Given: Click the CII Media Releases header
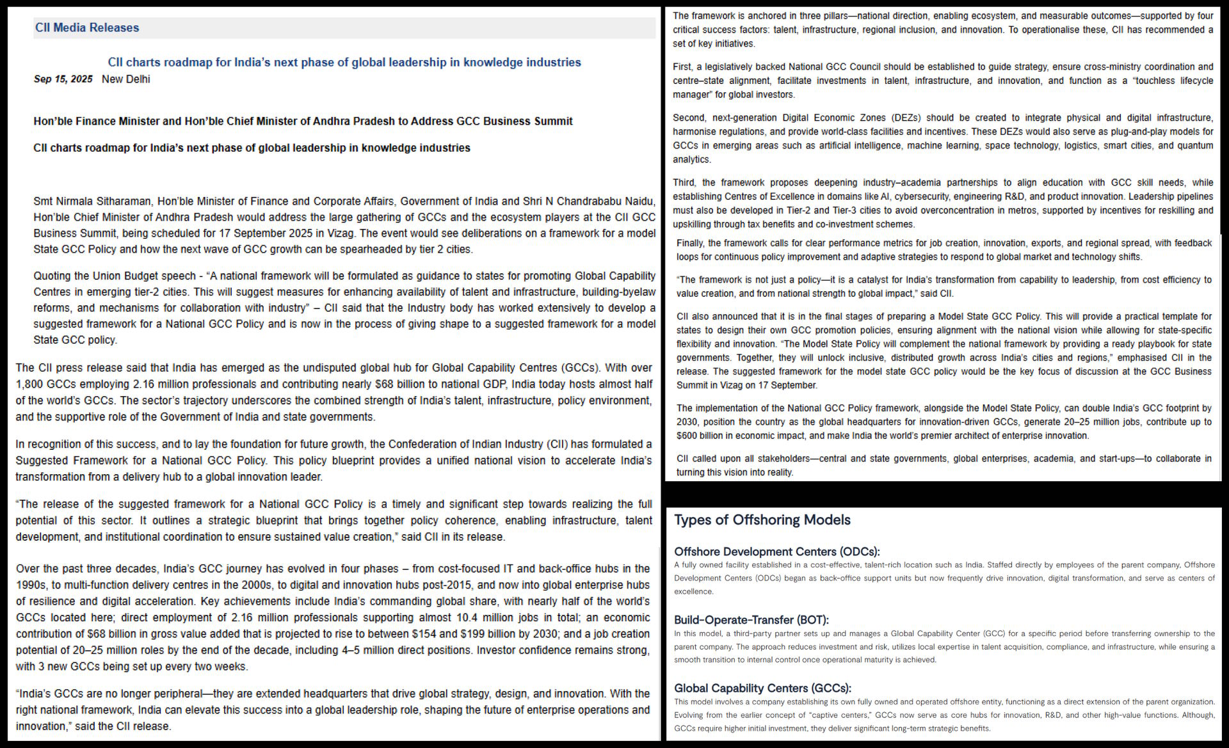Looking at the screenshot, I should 87,28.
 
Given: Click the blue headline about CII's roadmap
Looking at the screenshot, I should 344,62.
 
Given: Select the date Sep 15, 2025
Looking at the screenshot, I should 63,79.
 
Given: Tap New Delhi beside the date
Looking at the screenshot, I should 126,79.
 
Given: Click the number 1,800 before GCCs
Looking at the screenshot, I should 28,385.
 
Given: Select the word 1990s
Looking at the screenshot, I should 31,585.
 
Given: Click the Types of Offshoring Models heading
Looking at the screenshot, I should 762,520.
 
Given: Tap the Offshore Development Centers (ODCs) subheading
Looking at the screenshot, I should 776,552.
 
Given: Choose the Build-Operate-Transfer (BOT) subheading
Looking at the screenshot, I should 751,620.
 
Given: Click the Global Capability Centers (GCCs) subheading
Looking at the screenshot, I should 762,688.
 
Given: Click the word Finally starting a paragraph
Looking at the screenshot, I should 691,244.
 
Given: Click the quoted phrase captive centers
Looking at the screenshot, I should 832,715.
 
